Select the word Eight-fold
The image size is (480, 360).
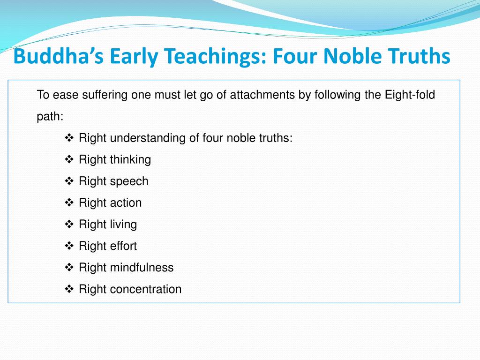(x=410, y=95)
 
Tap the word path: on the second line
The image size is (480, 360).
(x=50, y=117)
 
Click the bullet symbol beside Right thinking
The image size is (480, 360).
(x=69, y=160)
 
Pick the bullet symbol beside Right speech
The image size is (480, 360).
(x=69, y=181)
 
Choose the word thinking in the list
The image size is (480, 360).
(x=130, y=160)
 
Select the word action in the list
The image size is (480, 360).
(x=126, y=203)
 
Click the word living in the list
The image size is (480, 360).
(x=123, y=225)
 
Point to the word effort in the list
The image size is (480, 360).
(x=123, y=246)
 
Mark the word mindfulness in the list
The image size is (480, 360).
(x=142, y=268)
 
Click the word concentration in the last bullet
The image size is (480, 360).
(x=146, y=289)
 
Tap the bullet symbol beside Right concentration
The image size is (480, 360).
(x=69, y=289)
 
